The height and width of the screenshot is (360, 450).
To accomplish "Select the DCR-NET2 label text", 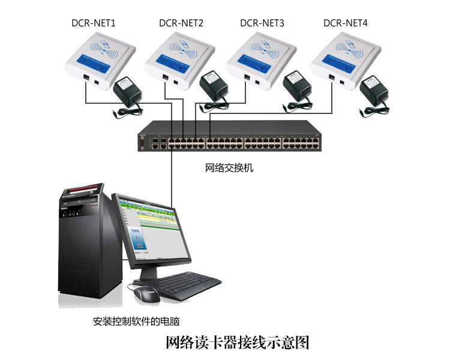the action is [x=181, y=23].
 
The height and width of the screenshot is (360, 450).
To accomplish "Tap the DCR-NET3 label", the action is [x=262, y=23].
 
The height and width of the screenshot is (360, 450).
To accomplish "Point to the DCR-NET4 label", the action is [x=346, y=23].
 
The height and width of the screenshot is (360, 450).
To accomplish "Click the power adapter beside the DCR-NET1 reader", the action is [x=128, y=95].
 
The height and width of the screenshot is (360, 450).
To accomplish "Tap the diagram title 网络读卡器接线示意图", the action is [x=237, y=343].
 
